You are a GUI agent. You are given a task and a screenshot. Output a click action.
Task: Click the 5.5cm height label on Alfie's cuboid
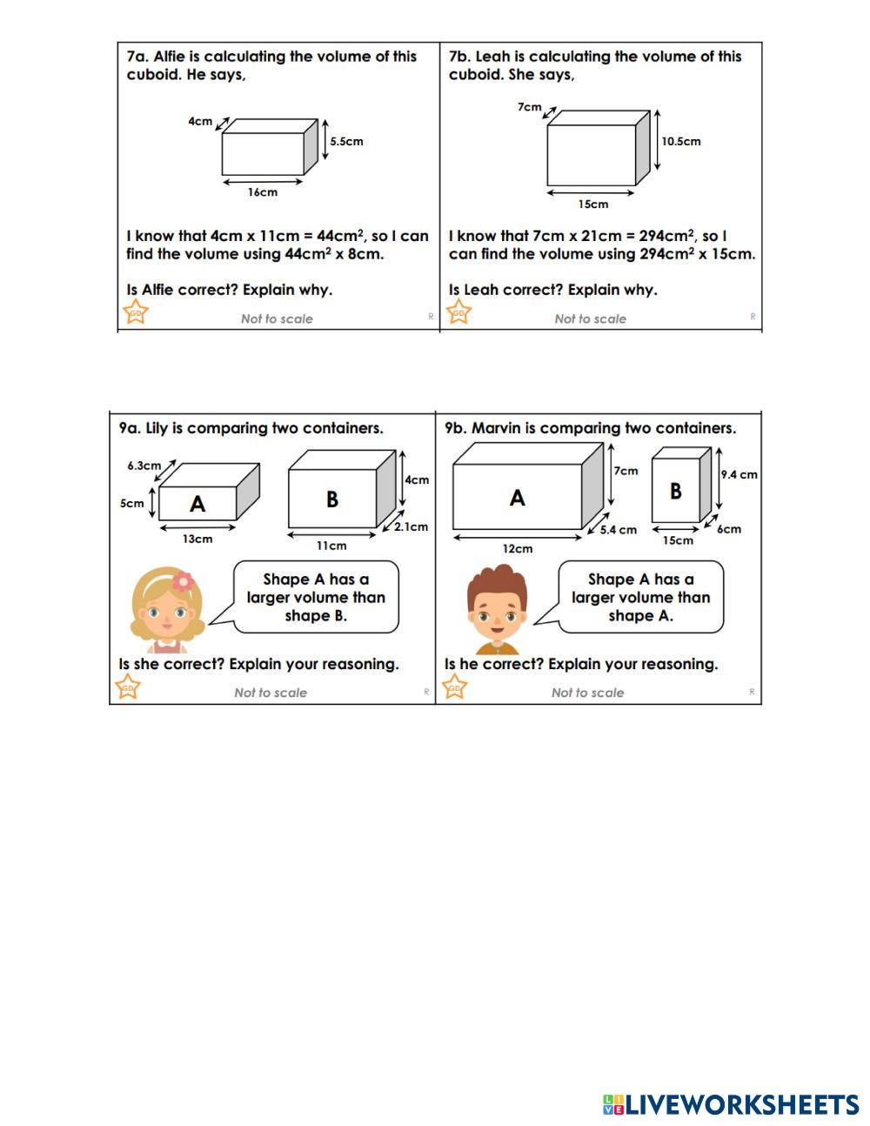coord(346,141)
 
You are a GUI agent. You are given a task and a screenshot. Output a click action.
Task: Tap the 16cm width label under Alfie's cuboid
coord(262,192)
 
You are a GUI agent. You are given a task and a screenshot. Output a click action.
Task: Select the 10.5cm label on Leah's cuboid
coord(680,141)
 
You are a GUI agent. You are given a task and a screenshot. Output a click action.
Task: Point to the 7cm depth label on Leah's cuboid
coord(529,107)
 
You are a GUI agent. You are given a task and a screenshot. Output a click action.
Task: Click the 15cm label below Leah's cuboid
coord(592,204)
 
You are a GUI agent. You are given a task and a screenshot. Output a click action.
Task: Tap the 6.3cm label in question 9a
coord(144,465)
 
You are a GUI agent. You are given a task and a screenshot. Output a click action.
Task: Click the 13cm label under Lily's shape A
coord(197,539)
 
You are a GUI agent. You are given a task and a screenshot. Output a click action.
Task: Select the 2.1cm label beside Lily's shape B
coord(411,526)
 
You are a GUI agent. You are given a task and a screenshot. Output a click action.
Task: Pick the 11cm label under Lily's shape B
coord(331,546)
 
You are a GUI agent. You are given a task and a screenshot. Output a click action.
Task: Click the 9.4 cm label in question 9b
coord(739,474)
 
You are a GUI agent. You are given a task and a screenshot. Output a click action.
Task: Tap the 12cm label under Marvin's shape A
coord(517,548)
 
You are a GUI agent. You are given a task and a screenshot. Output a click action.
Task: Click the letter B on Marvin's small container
coord(675,491)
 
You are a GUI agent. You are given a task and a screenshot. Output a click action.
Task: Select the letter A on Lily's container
coord(197,503)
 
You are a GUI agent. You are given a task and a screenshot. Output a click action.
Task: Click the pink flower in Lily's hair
coord(183,581)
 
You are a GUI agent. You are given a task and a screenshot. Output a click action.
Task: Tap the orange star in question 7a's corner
coord(135,312)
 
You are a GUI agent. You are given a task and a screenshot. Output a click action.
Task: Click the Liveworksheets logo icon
coord(613,1105)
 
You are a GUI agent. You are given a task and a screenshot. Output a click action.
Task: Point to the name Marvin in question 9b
coord(496,428)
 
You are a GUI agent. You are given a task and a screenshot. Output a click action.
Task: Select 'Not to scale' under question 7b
coord(590,318)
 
